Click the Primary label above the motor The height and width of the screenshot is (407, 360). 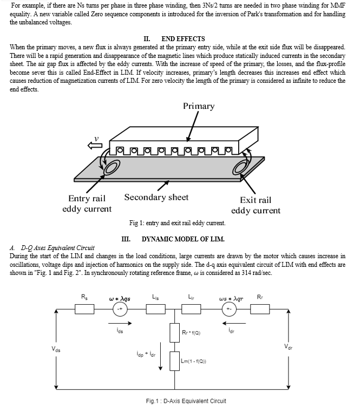[x=199, y=107]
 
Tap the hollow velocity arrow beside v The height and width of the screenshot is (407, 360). [x=95, y=146]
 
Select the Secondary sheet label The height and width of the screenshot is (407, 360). [x=156, y=197]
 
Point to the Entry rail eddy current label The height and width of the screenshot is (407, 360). [x=87, y=203]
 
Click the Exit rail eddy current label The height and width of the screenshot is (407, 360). [x=256, y=205]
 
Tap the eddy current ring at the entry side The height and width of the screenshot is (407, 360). [x=112, y=167]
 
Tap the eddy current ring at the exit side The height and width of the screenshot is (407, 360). [x=240, y=167]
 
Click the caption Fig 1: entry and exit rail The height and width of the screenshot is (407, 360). [x=178, y=223]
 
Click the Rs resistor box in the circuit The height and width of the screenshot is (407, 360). [x=84, y=309]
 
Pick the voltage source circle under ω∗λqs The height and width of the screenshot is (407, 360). [x=120, y=309]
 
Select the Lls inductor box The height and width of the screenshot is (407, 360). [x=156, y=309]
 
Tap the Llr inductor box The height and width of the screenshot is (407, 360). [x=191, y=309]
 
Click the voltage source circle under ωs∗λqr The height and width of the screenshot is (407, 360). [x=229, y=309]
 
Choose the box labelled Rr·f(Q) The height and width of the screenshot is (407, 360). [x=175, y=333]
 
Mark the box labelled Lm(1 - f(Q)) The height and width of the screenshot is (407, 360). [x=175, y=361]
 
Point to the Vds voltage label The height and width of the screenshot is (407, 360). [x=56, y=350]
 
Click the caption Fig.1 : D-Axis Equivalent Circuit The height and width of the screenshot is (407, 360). [x=186, y=401]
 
